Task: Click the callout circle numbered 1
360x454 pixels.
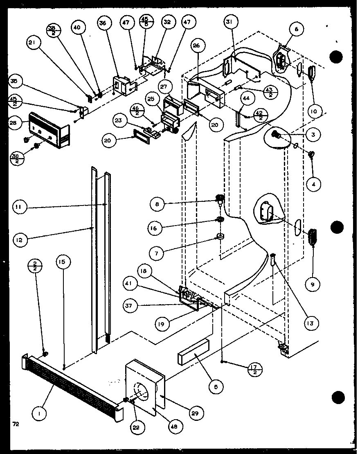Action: pos(39,413)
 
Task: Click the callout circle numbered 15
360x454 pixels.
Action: pos(63,262)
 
